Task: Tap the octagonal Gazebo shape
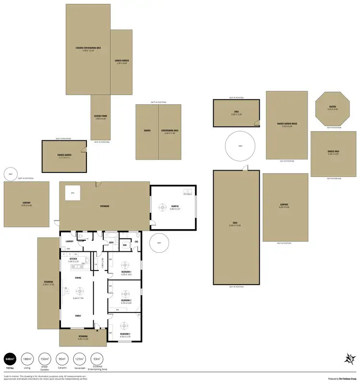click(x=332, y=109)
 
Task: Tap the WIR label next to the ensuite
click(x=124, y=245)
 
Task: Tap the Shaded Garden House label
click(x=287, y=124)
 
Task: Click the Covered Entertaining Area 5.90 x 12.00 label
click(x=88, y=49)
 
